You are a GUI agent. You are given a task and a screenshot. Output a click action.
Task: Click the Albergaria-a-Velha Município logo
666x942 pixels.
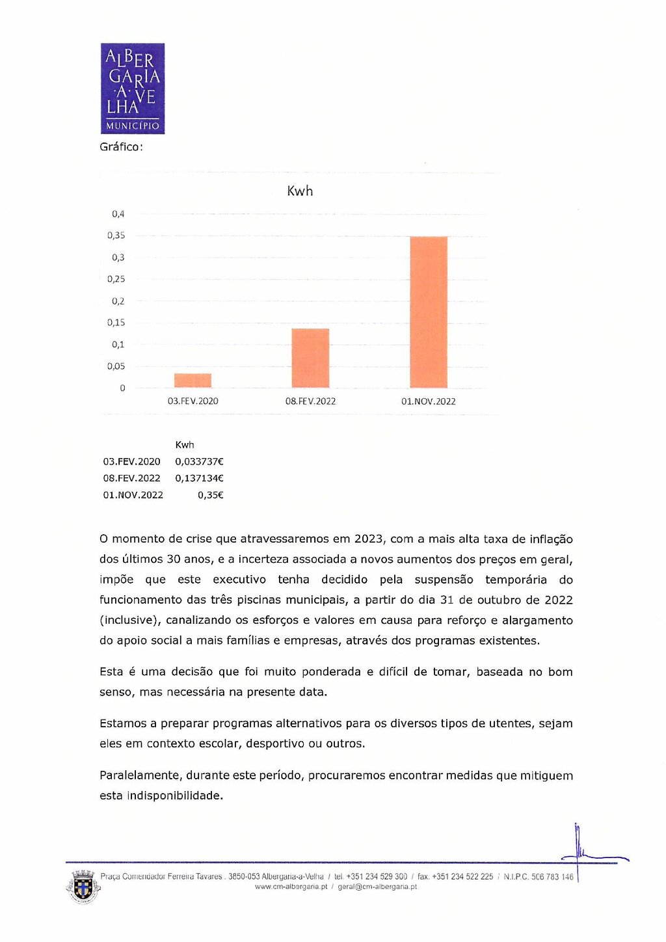(x=133, y=88)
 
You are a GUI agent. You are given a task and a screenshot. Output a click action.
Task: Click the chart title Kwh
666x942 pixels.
(x=300, y=191)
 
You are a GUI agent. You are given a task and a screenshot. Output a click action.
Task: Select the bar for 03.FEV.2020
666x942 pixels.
(x=193, y=381)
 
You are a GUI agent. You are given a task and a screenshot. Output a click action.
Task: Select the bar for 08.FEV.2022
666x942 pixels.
(x=310, y=358)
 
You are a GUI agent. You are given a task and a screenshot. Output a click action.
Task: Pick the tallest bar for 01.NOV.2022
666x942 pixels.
(x=429, y=312)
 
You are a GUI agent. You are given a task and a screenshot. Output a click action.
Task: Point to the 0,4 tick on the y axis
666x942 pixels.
(x=118, y=214)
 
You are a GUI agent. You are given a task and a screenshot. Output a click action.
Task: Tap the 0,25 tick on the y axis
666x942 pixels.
(x=116, y=279)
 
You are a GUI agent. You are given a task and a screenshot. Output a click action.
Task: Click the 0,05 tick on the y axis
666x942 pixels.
(x=116, y=366)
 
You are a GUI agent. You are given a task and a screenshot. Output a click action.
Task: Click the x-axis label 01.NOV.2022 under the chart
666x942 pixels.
(x=429, y=401)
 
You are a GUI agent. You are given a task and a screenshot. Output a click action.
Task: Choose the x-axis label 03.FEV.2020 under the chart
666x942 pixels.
(x=193, y=401)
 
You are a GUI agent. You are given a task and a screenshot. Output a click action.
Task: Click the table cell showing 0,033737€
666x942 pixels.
(x=199, y=462)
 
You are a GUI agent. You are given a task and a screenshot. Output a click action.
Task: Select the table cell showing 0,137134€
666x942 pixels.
(x=199, y=478)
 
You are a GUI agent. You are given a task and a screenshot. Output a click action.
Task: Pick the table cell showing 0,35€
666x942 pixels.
(x=211, y=495)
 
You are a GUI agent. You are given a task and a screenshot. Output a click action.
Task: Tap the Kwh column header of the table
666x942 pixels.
(x=185, y=445)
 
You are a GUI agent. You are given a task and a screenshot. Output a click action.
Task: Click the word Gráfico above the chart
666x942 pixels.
(x=120, y=147)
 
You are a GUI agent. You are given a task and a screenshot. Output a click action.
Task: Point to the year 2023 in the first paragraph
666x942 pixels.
(x=369, y=539)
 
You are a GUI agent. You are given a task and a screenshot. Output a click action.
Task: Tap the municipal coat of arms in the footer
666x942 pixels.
(x=83, y=887)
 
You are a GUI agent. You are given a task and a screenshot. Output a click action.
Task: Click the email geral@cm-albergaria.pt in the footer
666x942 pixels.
(x=377, y=887)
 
